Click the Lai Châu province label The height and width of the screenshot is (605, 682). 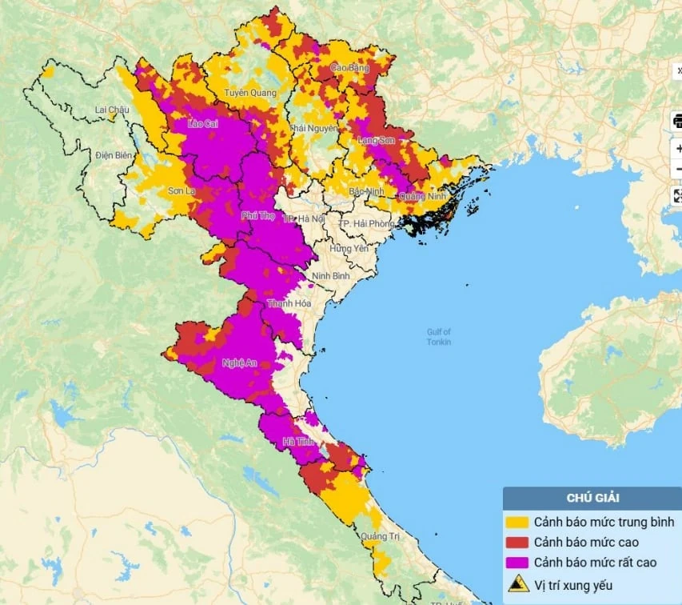(x=111, y=110)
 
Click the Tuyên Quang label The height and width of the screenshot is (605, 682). (x=249, y=93)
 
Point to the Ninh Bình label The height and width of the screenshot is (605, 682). (x=331, y=275)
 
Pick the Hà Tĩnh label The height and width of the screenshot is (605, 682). (x=297, y=442)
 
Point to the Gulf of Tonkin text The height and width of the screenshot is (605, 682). (x=439, y=337)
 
